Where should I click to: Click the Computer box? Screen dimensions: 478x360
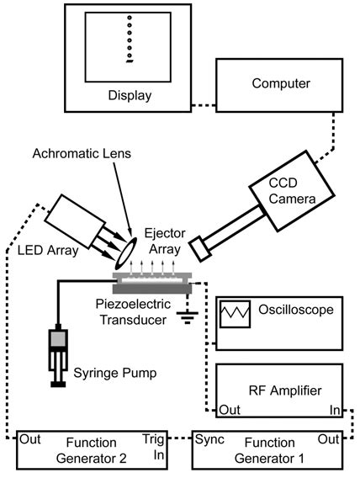click(282, 85)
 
